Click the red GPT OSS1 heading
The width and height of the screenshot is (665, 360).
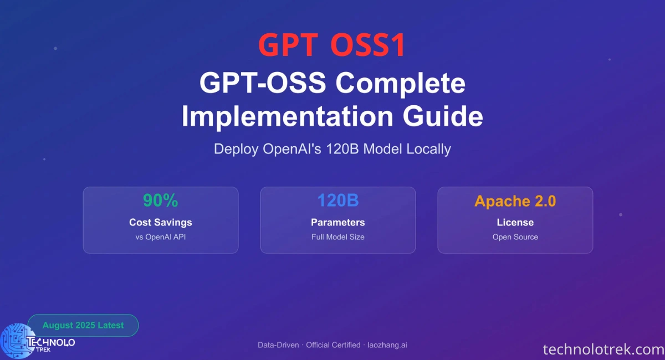tap(331, 45)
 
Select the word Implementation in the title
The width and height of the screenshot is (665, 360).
tap(288, 116)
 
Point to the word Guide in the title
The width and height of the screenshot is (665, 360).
tap(443, 116)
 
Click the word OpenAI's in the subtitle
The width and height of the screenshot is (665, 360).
tap(292, 148)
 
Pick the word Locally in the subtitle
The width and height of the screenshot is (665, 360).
tap(428, 149)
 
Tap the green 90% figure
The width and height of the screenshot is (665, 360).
tap(160, 200)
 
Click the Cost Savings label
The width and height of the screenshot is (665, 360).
tap(161, 222)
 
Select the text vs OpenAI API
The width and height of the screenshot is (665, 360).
tap(161, 237)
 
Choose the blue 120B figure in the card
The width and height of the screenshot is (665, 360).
tap(338, 200)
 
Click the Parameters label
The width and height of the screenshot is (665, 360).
tap(338, 222)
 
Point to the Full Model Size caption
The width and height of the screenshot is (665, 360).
tap(338, 237)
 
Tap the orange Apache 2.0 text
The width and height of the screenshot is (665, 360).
tap(515, 201)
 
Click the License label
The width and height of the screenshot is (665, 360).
tap(515, 222)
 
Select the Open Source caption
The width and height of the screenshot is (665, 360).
tap(515, 237)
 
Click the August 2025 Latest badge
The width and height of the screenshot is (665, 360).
tap(83, 325)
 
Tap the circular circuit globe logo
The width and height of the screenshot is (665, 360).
tap(18, 341)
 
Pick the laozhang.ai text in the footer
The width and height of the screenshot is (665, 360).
tap(387, 345)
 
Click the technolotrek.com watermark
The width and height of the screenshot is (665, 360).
tap(603, 349)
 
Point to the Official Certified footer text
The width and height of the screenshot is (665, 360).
tap(333, 345)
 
